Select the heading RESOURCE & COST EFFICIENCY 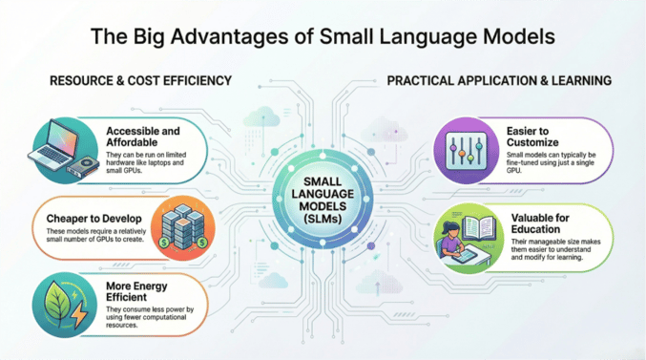point(140,80)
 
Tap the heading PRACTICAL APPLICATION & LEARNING point(499,80)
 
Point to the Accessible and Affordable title point(143,137)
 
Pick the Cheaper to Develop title point(94,219)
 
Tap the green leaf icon point(58,303)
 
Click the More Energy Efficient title point(136,291)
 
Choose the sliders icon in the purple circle point(466,150)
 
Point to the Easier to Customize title point(532,137)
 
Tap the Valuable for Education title point(540,223)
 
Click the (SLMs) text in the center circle point(323,219)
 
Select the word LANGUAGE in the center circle point(323,194)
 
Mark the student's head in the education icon point(450,228)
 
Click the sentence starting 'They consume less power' point(150,317)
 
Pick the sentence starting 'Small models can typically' point(551,162)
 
